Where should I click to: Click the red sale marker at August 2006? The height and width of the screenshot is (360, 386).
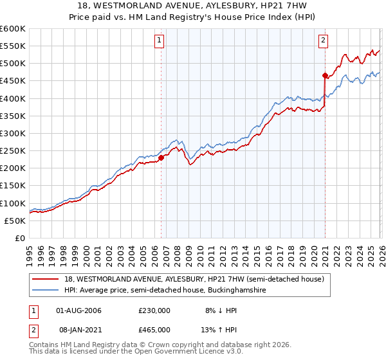point(161,157)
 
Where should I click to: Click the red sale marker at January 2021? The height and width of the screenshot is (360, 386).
point(325,75)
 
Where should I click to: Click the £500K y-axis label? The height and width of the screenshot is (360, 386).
point(13,63)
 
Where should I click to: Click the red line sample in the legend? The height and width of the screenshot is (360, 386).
point(46,278)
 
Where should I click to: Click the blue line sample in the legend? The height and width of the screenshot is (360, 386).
point(46,291)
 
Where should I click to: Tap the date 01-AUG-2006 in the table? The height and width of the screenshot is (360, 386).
point(78,310)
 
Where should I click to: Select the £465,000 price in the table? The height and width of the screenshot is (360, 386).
point(154,329)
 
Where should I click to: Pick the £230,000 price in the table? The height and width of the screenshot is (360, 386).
point(154,310)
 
